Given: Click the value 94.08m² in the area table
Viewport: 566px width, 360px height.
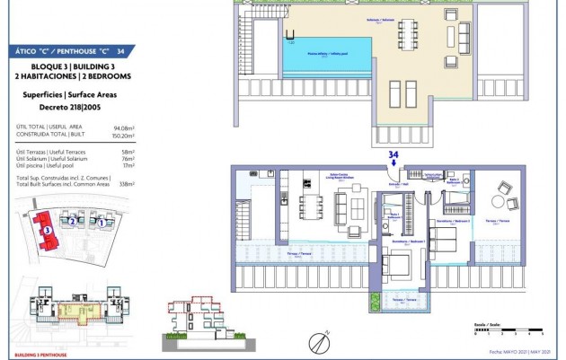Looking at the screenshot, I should pos(123,128).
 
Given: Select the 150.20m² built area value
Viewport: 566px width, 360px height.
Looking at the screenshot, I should pos(122,136).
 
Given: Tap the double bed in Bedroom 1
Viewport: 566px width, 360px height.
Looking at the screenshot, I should pos(398,265).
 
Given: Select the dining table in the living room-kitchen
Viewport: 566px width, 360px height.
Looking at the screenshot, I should pos(314,208).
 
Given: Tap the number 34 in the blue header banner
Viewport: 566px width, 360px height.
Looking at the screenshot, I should pos(120,51).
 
